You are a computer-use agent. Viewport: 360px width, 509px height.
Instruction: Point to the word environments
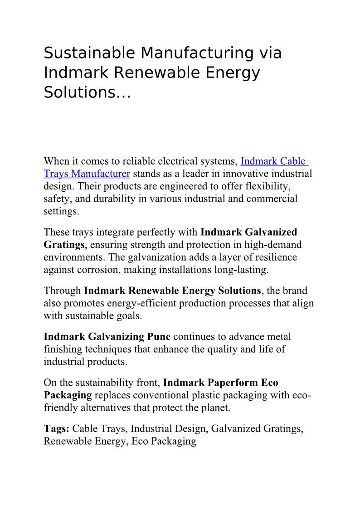72,257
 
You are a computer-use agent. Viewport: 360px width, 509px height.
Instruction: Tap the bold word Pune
159,337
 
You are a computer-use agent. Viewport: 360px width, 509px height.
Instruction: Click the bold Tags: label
57,428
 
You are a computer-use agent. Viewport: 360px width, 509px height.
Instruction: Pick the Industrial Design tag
170,428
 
